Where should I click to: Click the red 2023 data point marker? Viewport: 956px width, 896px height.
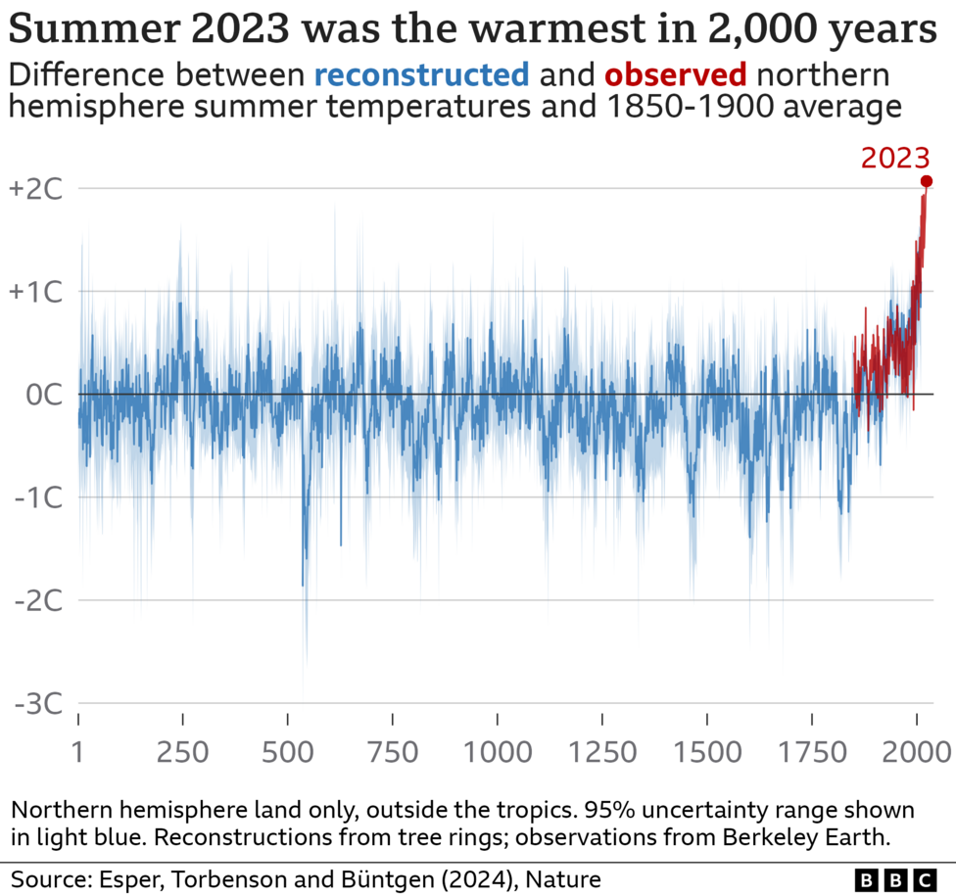(x=927, y=181)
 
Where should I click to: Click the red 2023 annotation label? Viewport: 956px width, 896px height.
(x=895, y=157)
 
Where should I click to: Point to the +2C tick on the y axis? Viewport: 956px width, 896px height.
(x=35, y=189)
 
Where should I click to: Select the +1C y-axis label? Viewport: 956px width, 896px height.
(x=35, y=292)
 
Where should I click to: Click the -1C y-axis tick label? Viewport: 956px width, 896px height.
(x=38, y=497)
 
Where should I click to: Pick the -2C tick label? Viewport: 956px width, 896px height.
(x=38, y=600)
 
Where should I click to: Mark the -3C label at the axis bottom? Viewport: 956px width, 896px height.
(x=38, y=703)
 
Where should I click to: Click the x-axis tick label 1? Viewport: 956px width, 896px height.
(x=78, y=752)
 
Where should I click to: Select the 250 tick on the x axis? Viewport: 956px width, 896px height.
(x=183, y=752)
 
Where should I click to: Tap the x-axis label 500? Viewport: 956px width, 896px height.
(x=288, y=752)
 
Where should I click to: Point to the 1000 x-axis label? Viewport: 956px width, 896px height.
(x=498, y=752)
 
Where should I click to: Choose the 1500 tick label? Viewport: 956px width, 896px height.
(x=707, y=752)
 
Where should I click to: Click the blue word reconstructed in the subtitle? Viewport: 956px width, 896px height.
(x=422, y=74)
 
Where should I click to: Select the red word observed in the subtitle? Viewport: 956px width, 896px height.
(x=676, y=74)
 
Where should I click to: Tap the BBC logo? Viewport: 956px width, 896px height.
(x=895, y=878)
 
